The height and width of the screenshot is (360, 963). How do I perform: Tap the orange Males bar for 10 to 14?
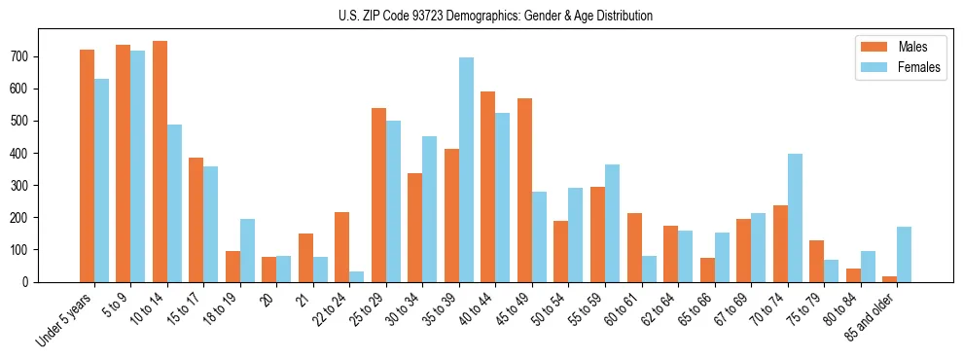(160, 162)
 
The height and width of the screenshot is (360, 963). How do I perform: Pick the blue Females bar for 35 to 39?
(466, 169)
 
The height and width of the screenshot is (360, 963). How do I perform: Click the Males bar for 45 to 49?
(524, 190)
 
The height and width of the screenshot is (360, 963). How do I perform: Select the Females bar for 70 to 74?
(795, 218)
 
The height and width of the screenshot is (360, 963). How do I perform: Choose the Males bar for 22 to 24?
(342, 247)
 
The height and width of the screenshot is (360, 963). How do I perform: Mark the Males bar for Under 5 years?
(87, 165)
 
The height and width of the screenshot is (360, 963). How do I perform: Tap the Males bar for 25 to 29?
(378, 195)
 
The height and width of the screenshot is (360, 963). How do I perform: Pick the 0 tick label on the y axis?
(30, 281)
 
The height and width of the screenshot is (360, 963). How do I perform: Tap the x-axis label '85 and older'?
(874, 313)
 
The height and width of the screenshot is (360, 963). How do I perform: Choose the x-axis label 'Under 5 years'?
(67, 317)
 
